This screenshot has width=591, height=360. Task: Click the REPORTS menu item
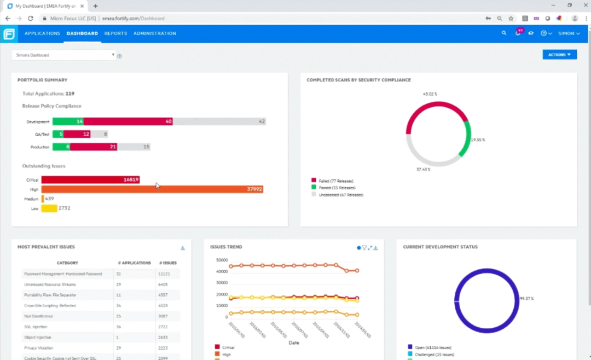(x=115, y=33)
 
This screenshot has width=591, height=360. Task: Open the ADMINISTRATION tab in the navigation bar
(x=154, y=33)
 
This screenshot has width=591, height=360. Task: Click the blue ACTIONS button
(x=559, y=55)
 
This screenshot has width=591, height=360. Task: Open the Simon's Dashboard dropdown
(x=63, y=55)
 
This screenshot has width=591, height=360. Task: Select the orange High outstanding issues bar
(x=152, y=189)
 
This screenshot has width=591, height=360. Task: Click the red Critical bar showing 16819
(x=90, y=179)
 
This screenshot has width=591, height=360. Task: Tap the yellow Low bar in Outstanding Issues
(x=49, y=208)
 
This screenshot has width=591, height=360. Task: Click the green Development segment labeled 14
(x=68, y=121)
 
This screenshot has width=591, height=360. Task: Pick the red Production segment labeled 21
(x=94, y=147)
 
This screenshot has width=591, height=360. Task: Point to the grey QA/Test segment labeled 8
(x=100, y=134)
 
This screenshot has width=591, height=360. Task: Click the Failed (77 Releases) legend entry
(x=335, y=181)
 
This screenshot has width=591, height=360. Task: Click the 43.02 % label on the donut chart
(x=430, y=94)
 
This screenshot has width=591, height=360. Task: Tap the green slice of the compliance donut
(x=467, y=139)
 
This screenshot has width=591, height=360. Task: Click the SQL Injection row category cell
(x=36, y=327)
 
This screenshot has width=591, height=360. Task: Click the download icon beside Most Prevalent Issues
(x=183, y=248)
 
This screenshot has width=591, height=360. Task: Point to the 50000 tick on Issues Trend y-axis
(x=222, y=260)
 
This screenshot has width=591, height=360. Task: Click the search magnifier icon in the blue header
(x=504, y=33)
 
